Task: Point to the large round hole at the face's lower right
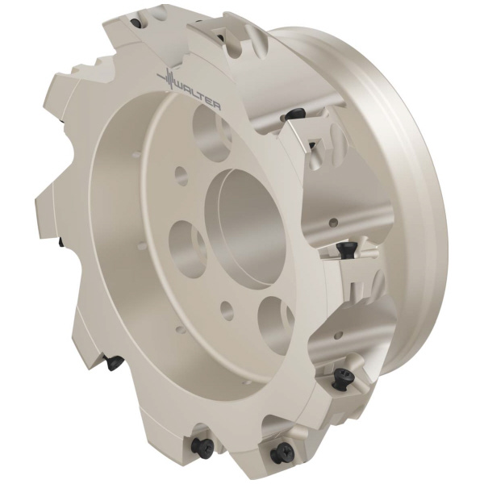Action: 276,324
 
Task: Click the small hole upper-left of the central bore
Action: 181,177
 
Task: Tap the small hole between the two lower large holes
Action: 227,310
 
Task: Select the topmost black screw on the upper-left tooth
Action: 136,23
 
